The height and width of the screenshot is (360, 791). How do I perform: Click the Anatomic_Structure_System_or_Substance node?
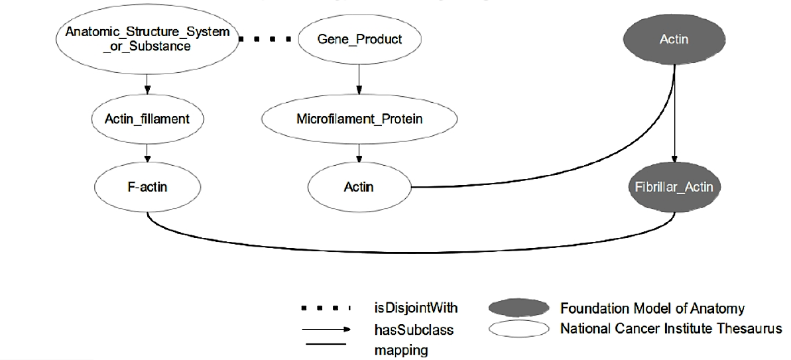coord(147,39)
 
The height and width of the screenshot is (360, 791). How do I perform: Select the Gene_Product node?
coord(359,39)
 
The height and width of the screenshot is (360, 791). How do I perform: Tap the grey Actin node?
coord(674,39)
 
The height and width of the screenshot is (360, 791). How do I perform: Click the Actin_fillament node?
coord(147,119)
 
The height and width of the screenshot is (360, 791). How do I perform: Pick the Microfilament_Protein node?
coord(359,119)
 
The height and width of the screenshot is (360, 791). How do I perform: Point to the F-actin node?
coord(147,187)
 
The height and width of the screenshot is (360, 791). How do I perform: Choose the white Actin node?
coord(359,187)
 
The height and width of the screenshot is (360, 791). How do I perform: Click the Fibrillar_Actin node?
coord(674,187)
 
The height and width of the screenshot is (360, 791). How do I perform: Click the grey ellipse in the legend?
coord(518,308)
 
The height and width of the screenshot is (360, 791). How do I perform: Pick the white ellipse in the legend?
coord(518,330)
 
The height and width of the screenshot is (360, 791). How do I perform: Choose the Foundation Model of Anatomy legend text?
coord(652,308)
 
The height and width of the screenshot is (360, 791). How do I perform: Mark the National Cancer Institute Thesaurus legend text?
coord(671,330)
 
